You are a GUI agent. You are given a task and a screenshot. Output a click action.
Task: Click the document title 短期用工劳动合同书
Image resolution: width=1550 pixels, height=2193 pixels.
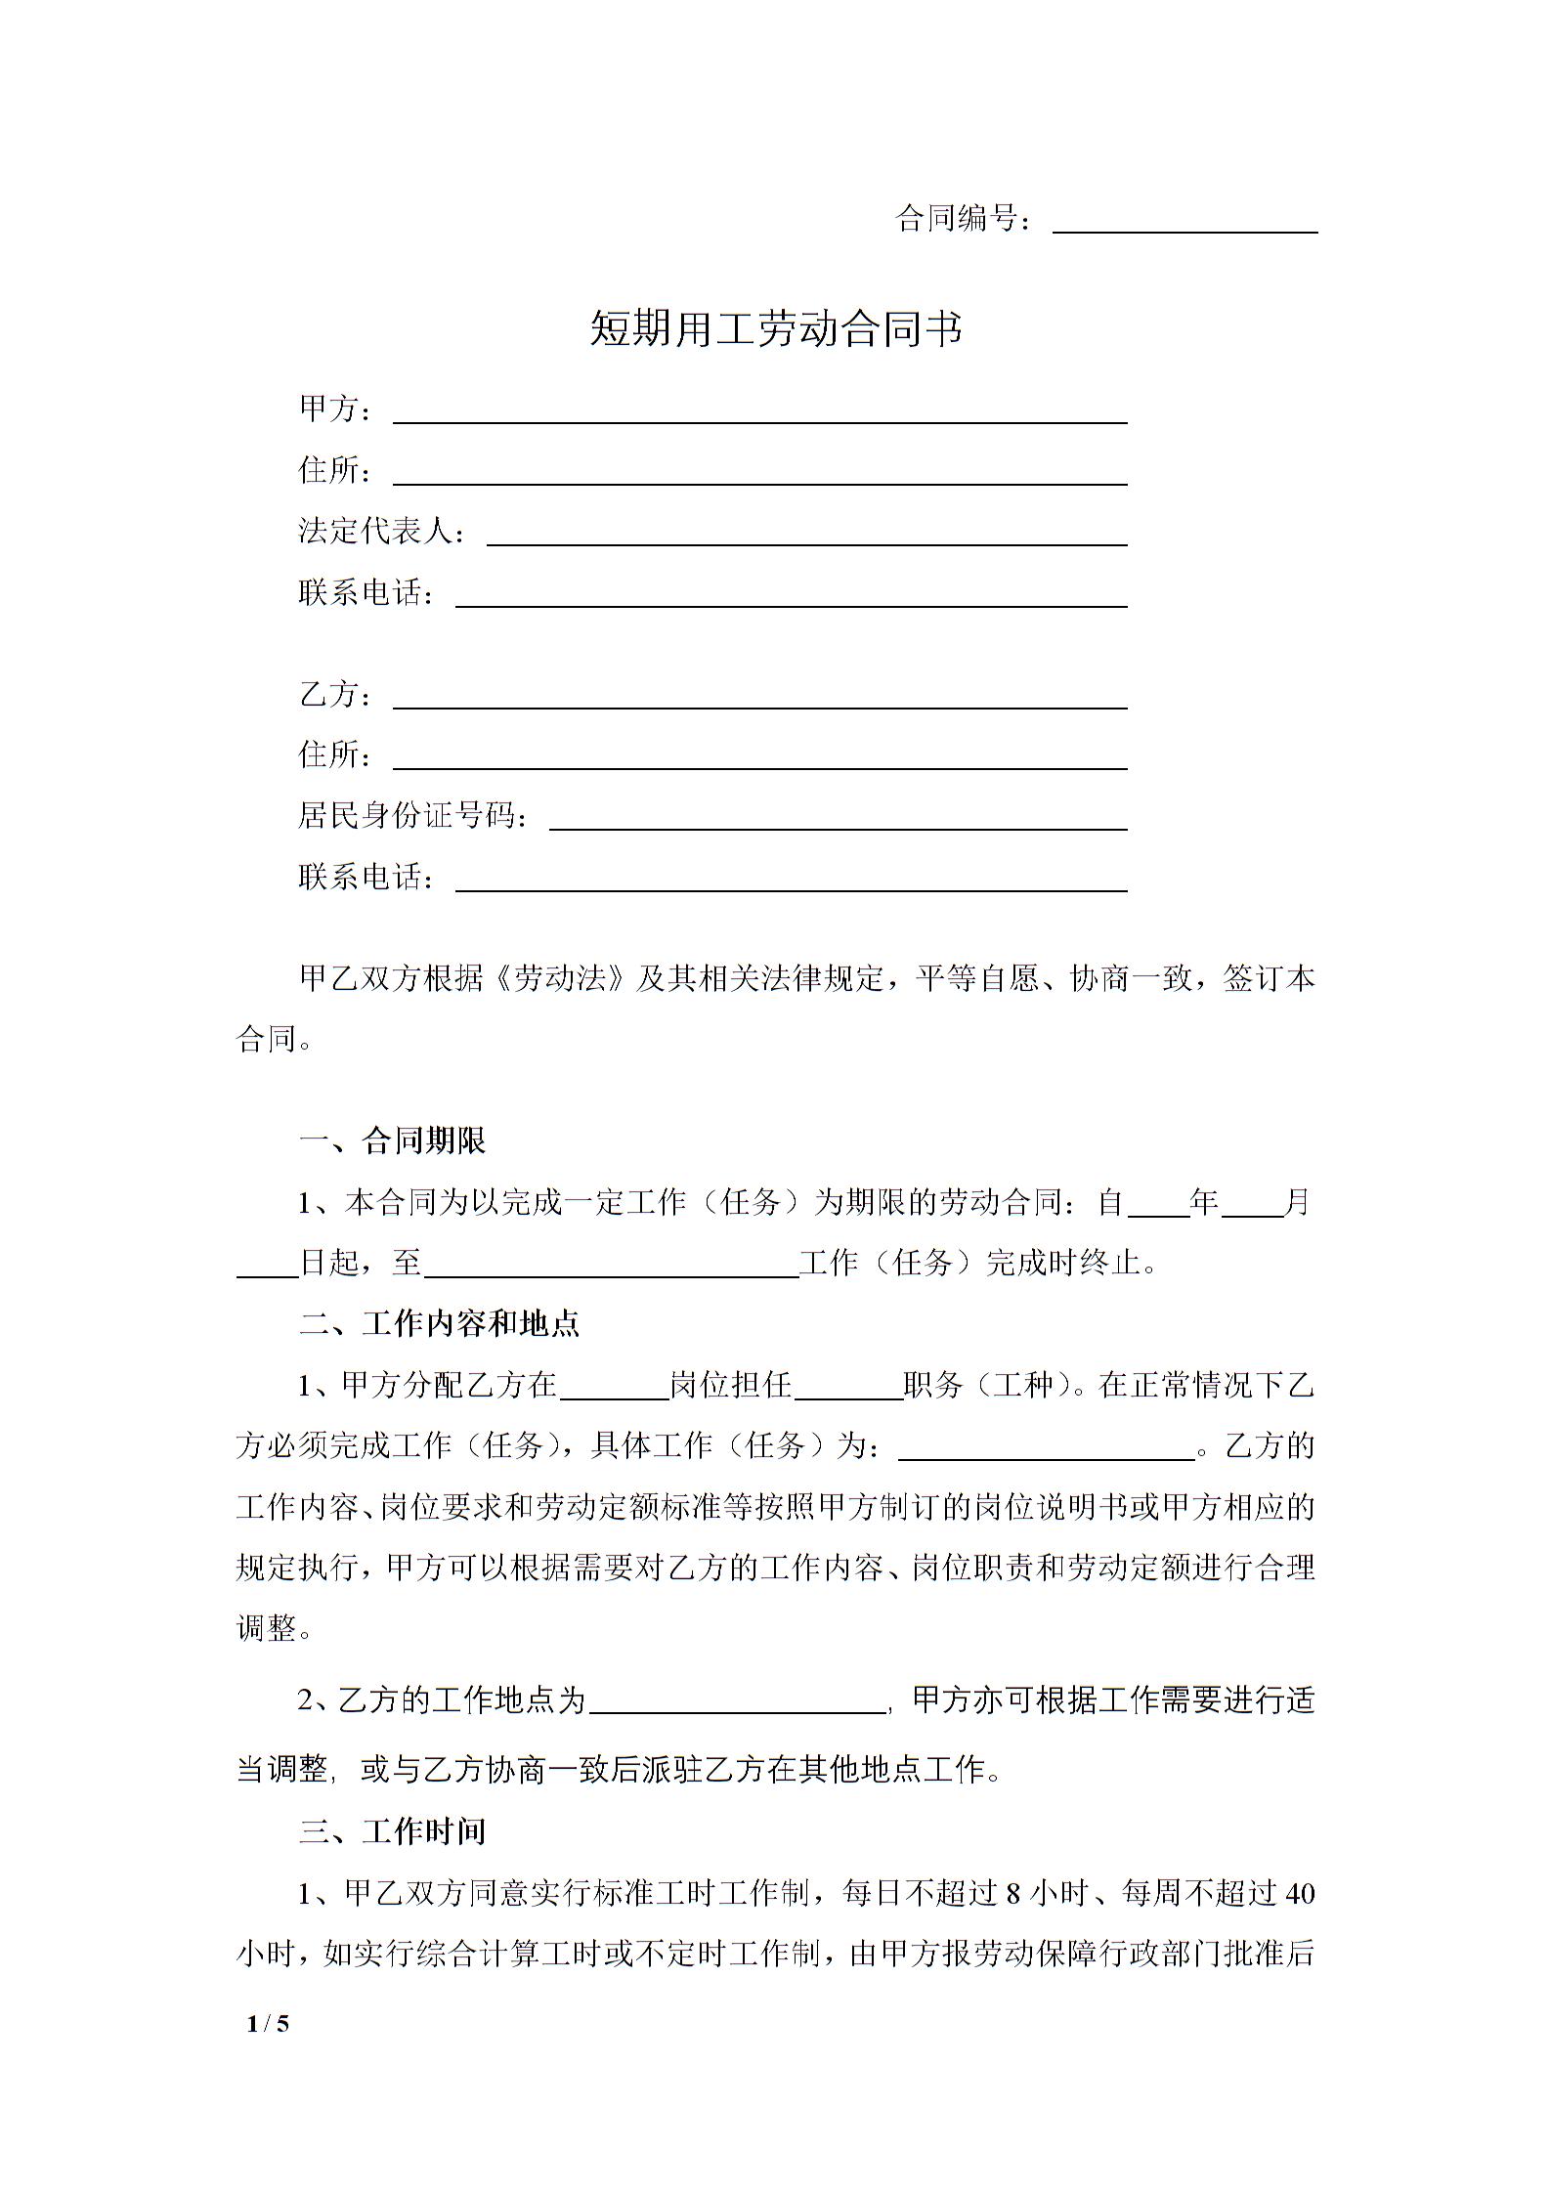(x=776, y=329)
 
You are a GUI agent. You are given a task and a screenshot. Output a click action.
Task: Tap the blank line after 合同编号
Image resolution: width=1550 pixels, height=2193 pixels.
(x=1184, y=223)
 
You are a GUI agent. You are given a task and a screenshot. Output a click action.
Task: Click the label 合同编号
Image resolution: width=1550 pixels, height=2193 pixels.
(x=957, y=219)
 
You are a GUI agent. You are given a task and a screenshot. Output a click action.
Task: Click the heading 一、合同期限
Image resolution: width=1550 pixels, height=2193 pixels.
(x=392, y=1140)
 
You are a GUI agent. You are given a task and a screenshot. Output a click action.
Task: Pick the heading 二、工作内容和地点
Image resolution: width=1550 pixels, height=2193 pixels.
(x=439, y=1323)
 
